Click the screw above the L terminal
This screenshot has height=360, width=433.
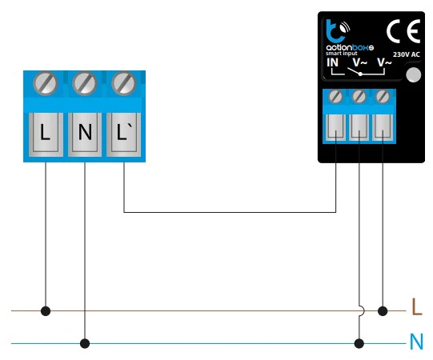click(x=46, y=83)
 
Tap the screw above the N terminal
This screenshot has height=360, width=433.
click(x=85, y=83)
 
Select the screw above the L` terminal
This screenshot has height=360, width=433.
click(x=124, y=83)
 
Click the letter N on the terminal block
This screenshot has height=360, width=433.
click(x=85, y=132)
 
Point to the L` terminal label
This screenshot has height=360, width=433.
click(x=124, y=132)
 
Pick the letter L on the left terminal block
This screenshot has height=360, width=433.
click(x=45, y=133)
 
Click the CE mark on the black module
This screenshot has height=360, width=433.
click(x=403, y=31)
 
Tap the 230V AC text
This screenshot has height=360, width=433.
click(x=407, y=54)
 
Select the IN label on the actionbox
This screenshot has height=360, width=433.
click(x=332, y=62)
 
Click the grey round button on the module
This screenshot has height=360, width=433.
click(x=414, y=75)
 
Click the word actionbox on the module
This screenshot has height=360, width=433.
click(x=350, y=47)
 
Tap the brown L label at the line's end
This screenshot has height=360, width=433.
click(x=417, y=306)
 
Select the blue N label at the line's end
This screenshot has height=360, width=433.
click(x=417, y=342)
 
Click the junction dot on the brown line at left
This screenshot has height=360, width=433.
click(x=46, y=311)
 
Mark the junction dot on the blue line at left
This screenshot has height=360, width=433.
click(x=85, y=344)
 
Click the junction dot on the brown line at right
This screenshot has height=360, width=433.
click(x=383, y=311)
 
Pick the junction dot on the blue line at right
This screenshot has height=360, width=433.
click(x=359, y=344)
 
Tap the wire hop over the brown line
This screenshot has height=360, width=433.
click(x=362, y=311)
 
